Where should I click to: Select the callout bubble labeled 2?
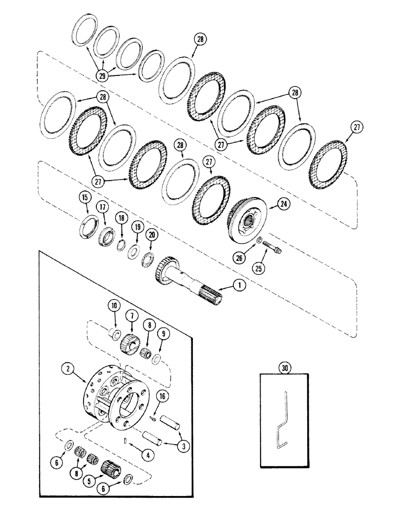tap(66, 368)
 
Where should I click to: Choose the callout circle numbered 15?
tap(85, 197)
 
